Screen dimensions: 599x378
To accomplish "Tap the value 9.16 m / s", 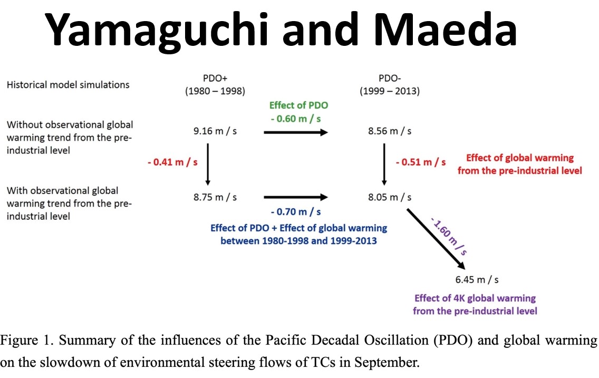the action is (x=215, y=131).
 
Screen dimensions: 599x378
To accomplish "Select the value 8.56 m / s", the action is (x=390, y=131).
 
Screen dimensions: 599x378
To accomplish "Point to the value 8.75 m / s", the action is (x=215, y=197).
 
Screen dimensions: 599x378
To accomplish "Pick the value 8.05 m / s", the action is (x=390, y=197).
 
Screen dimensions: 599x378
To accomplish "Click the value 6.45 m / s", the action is (x=477, y=280).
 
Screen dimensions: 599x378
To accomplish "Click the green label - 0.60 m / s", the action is (x=296, y=119).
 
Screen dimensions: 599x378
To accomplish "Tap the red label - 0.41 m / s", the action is (x=172, y=162).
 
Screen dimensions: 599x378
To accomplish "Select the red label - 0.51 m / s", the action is (x=421, y=162).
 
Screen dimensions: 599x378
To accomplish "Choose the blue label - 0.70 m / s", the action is (x=296, y=212).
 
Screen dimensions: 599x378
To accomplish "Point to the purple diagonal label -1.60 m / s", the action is (x=449, y=236).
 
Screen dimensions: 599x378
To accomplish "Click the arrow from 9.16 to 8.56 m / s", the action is (x=296, y=132).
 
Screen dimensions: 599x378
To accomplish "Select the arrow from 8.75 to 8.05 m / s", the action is (x=296, y=197).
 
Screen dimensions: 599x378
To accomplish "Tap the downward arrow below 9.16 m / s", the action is (x=208, y=164).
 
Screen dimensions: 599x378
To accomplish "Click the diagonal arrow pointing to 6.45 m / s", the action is (x=436, y=239).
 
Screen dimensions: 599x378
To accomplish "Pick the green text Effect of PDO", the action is (x=299, y=105).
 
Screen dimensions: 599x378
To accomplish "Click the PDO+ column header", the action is (x=215, y=78).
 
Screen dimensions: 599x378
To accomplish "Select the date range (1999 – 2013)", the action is (x=390, y=91).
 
